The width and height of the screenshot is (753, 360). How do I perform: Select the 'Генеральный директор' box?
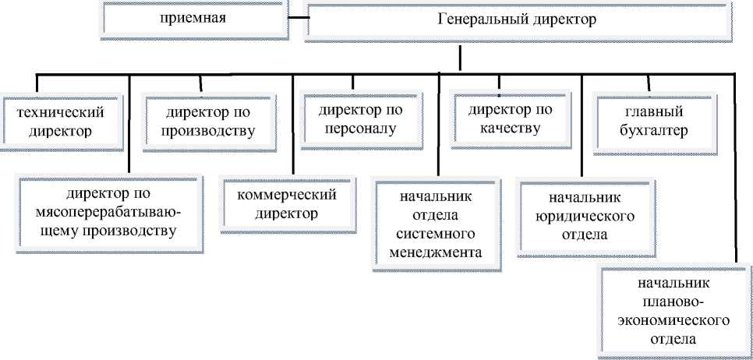tap(518, 21)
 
